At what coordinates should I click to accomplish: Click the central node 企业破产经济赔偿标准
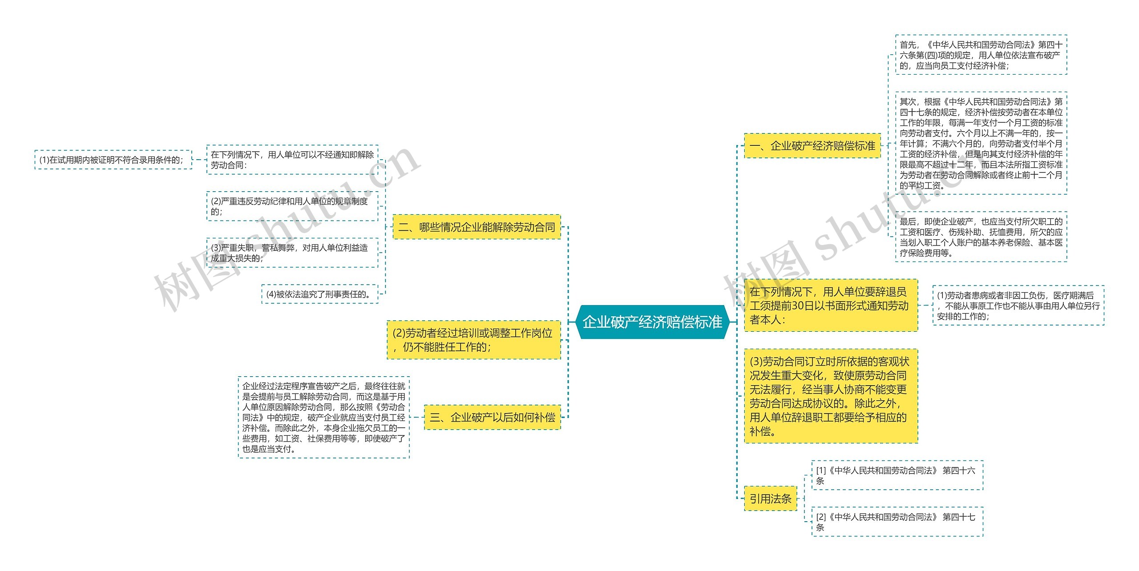[x=652, y=322]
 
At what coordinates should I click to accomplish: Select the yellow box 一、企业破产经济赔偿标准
[x=812, y=146]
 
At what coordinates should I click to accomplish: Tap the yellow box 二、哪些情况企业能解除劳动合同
[x=477, y=227]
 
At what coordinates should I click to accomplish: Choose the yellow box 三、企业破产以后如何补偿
[x=492, y=417]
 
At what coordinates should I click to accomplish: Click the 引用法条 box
[x=770, y=499]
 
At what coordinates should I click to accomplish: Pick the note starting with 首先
[x=981, y=55]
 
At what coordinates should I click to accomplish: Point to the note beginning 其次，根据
[x=981, y=143]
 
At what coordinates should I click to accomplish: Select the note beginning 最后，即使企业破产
[x=981, y=237]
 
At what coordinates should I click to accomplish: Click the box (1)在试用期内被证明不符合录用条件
[x=113, y=160]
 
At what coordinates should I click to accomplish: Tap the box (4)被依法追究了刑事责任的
[x=319, y=294]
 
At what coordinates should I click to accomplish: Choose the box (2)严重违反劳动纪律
[x=292, y=206]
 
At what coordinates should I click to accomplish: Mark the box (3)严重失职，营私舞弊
[x=292, y=253]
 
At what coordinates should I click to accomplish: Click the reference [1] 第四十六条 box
[x=897, y=475]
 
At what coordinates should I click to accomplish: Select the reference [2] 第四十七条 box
[x=897, y=522]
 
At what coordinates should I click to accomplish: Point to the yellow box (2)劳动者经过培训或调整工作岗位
[x=473, y=340]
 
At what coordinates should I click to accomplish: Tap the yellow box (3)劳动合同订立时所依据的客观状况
[x=831, y=396]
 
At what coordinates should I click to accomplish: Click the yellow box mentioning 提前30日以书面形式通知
[x=831, y=306]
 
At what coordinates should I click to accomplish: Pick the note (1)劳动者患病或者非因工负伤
[x=1018, y=306]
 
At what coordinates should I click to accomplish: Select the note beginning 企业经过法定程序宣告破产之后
[x=323, y=417]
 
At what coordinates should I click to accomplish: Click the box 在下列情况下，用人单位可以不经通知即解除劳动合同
[x=292, y=160]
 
